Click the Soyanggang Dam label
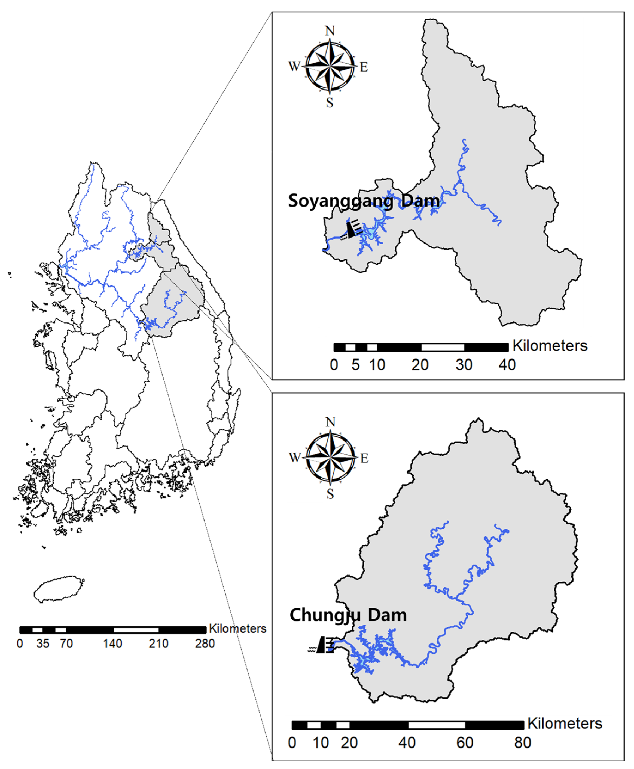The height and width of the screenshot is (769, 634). [x=364, y=201]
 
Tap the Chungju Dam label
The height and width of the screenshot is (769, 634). [x=348, y=615]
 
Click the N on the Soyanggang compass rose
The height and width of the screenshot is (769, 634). [x=330, y=31]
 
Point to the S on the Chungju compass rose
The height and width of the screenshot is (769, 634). [x=330, y=494]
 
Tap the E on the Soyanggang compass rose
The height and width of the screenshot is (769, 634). [x=364, y=67]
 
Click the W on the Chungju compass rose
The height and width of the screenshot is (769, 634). [x=295, y=457]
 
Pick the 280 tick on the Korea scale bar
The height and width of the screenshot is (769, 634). [x=205, y=644]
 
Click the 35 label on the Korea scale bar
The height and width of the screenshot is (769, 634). [x=43, y=644]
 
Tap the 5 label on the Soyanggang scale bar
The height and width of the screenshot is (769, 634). [x=355, y=365]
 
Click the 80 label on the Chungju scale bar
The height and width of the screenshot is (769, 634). [x=523, y=742]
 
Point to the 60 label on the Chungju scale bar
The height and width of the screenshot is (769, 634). [x=465, y=742]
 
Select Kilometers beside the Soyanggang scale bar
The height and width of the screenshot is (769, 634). [x=550, y=346]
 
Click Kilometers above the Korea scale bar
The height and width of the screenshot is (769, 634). [x=237, y=629]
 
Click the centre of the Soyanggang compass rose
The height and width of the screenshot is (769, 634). [x=330, y=66]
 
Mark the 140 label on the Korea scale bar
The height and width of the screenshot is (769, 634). [x=112, y=644]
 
